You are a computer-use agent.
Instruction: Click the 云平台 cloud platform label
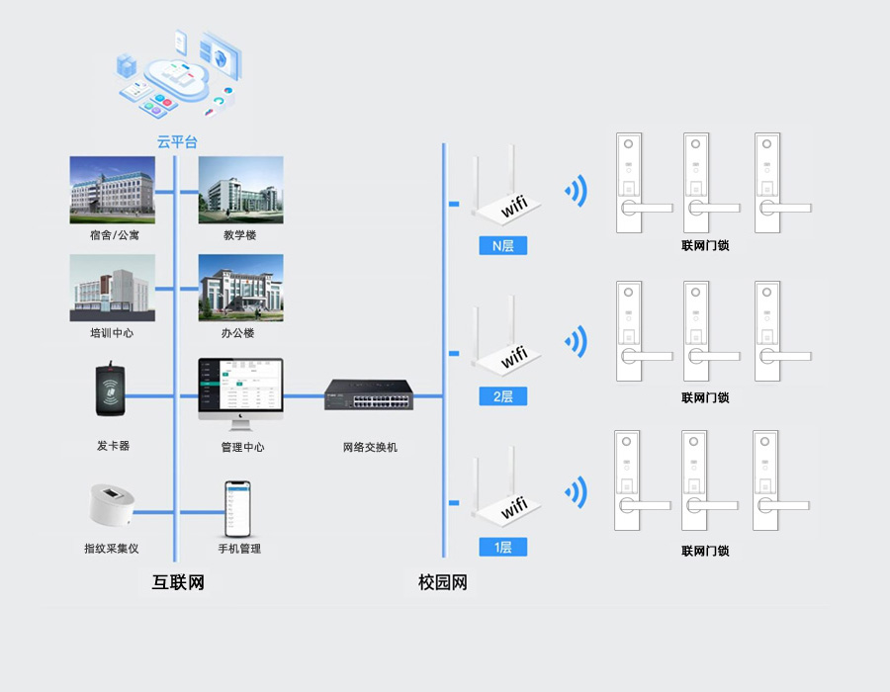177,141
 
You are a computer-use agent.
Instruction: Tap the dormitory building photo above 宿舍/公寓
112,189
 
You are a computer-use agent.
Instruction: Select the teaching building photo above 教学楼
240,189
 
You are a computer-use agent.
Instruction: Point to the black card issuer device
112,393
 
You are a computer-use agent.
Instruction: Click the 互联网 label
178,582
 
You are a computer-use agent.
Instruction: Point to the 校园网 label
442,582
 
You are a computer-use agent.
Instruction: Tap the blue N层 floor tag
502,246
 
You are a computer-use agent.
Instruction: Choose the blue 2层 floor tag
502,396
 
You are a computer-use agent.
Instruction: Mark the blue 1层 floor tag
502,547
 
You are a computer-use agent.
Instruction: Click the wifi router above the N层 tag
505,193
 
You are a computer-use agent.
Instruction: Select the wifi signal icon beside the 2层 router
575,342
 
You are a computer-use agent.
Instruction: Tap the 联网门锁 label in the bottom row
705,551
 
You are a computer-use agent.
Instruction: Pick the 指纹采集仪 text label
112,548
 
